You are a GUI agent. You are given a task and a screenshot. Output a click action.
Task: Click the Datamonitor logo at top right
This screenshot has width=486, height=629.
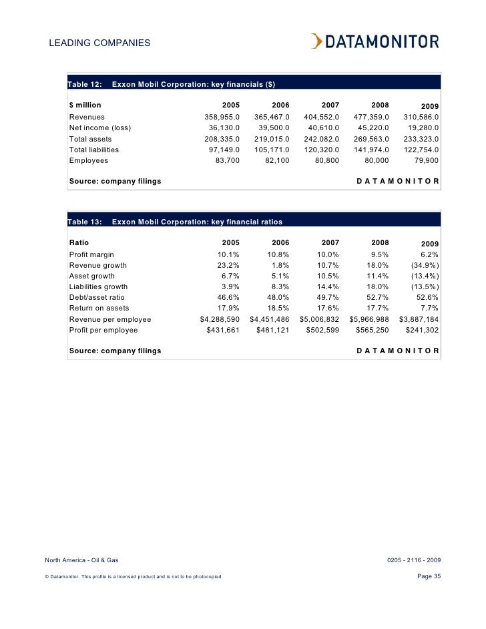click(x=375, y=41)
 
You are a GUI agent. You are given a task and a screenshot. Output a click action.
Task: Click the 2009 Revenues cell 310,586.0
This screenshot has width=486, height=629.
click(x=421, y=117)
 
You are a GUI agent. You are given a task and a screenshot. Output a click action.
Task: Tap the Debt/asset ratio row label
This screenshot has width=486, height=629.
click(x=97, y=297)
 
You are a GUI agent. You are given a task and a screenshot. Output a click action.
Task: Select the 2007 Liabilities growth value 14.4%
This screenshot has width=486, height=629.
click(x=327, y=286)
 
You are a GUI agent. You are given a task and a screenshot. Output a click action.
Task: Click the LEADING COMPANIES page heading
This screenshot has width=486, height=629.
click(x=99, y=44)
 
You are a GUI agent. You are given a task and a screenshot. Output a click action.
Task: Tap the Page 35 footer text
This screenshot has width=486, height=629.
click(x=428, y=576)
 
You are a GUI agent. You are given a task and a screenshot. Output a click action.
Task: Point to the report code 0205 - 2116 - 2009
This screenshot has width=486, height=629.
click(x=414, y=560)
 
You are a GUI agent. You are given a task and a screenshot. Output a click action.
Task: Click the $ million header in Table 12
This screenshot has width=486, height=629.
click(x=85, y=106)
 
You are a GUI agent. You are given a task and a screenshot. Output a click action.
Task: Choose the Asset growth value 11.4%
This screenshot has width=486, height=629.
click(x=377, y=276)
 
